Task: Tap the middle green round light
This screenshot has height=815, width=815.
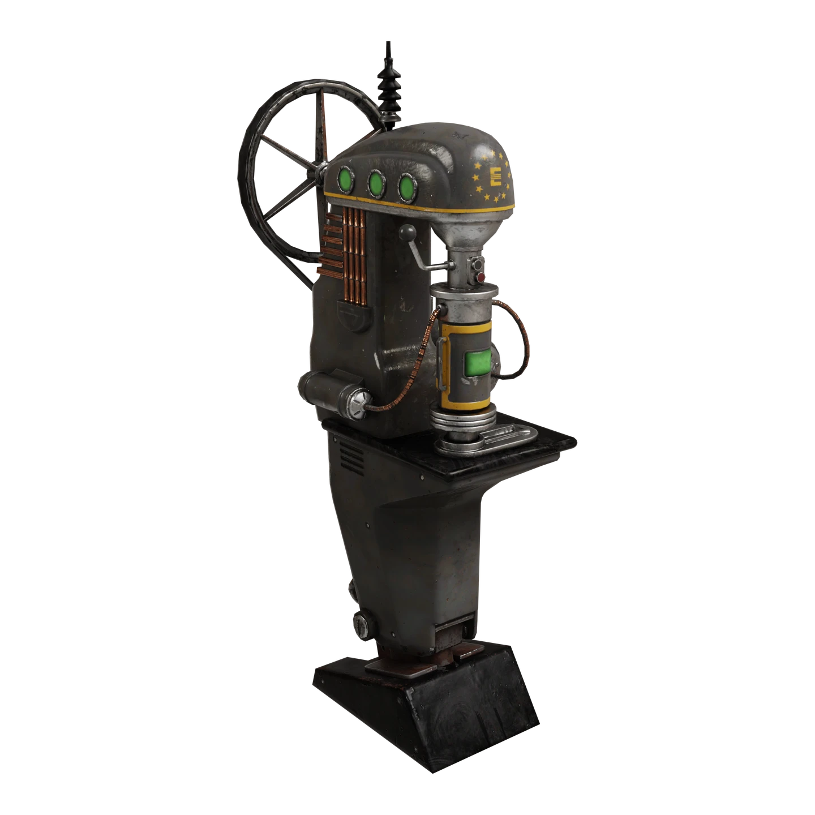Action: coord(376,183)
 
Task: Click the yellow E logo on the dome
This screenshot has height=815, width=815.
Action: coord(495,177)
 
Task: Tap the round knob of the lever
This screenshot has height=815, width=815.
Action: coord(407,231)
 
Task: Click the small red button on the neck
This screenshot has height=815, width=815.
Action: coord(481,277)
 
